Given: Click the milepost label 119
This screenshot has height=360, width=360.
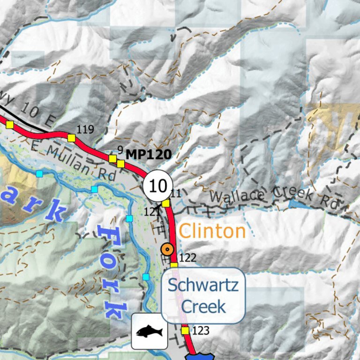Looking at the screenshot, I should [86, 129].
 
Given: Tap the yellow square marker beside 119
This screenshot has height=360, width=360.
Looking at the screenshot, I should [71, 138].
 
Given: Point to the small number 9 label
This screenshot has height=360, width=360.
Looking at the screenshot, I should [120, 150].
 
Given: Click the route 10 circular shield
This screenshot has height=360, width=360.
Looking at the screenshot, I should [158, 186].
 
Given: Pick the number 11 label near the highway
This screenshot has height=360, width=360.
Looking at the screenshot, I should [175, 193].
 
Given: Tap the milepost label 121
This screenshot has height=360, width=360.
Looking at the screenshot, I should [152, 212].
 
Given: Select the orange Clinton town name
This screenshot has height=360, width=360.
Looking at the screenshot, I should [212, 231].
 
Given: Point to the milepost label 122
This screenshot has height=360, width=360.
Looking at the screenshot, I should [187, 258].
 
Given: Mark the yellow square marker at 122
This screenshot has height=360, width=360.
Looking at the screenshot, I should [174, 266].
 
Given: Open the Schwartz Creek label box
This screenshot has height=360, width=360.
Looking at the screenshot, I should [203, 295].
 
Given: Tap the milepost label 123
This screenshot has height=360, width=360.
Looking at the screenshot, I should [201, 331].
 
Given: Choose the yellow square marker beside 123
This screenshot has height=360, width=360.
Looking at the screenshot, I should [185, 331].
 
